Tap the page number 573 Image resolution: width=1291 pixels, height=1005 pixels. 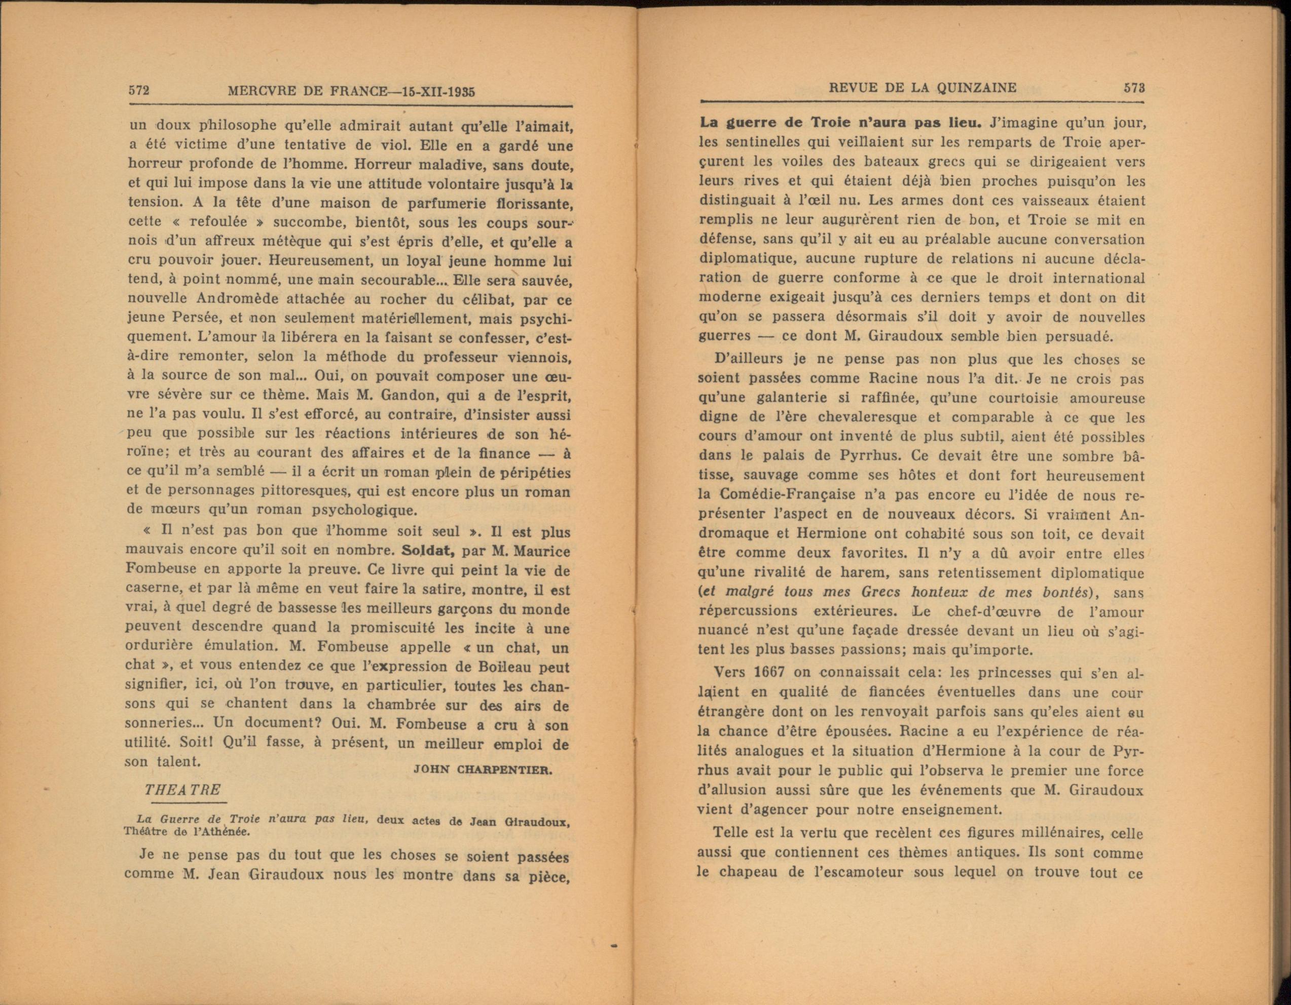(x=1134, y=88)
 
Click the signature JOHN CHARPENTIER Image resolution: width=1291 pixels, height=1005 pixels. (x=483, y=769)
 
